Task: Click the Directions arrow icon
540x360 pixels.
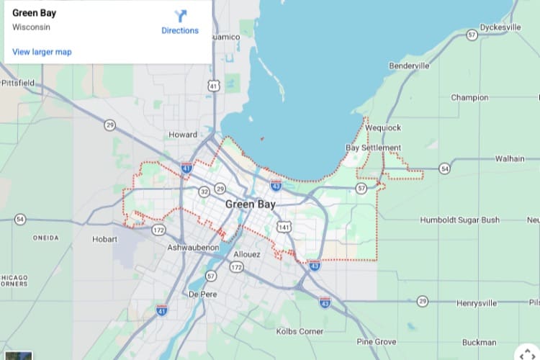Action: click(180, 16)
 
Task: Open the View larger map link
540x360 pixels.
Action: click(42, 52)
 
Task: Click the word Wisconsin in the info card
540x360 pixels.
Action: click(31, 27)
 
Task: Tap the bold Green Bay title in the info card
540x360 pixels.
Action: click(35, 13)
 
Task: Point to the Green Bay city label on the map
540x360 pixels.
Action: click(250, 204)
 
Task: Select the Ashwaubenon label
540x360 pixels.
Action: click(193, 247)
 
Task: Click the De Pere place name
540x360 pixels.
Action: click(202, 294)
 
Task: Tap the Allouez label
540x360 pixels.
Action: click(247, 255)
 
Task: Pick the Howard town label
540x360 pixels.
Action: click(183, 135)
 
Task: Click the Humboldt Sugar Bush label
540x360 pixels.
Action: click(460, 220)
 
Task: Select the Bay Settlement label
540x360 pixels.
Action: click(373, 148)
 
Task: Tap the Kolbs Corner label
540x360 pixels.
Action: click(300, 330)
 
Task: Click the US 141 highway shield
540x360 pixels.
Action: click(286, 228)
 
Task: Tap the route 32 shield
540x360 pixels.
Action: click(204, 192)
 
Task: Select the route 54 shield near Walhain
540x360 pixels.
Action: click(445, 168)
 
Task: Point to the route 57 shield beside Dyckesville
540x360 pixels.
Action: click(472, 35)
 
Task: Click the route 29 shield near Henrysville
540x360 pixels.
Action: click(423, 301)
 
